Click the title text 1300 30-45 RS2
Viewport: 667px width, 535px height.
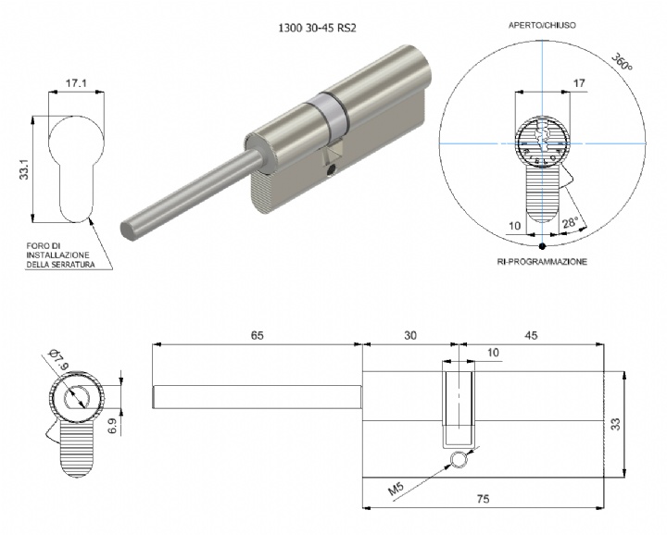coord(318,28)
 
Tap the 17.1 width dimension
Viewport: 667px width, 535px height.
coord(77,84)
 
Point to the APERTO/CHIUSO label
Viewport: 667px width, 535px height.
coord(542,26)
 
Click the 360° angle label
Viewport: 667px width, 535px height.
coord(623,63)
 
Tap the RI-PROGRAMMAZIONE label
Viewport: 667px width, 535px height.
coord(542,263)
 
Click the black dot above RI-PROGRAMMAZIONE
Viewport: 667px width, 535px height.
coord(542,245)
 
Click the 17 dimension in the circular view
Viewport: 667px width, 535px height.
coord(579,84)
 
